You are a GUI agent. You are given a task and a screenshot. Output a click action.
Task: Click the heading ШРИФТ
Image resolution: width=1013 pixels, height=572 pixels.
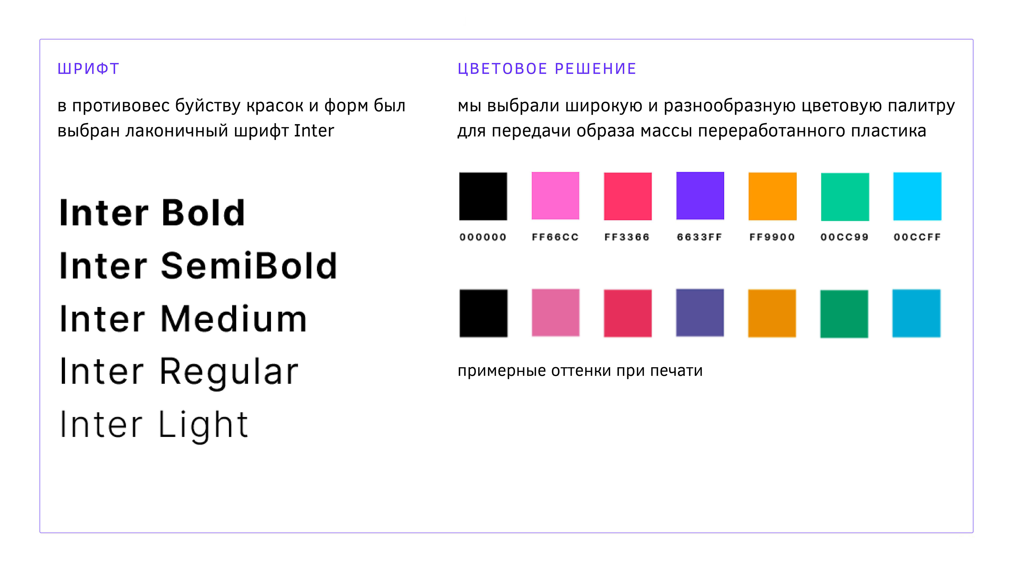[88, 69]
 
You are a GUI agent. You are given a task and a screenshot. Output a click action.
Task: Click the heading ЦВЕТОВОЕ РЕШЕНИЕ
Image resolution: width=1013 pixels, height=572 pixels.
[547, 69]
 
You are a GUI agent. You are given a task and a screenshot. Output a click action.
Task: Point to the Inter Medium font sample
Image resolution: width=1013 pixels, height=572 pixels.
[183, 319]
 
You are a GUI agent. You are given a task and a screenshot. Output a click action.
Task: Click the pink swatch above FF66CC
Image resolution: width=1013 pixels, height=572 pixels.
[555, 196]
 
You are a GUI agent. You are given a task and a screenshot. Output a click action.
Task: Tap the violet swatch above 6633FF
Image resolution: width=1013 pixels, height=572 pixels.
[700, 196]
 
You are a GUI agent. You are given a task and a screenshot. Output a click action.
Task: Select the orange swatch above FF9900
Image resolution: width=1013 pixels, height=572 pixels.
[772, 196]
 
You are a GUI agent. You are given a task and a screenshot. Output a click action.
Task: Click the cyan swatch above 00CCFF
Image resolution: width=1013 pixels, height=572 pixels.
[917, 196]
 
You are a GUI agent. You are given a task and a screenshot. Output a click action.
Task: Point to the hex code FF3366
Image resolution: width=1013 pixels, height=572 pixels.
[627, 237]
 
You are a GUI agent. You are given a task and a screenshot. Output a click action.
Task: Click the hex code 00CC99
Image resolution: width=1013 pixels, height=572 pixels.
[844, 237]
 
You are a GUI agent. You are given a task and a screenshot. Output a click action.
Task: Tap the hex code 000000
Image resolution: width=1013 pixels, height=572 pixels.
[483, 237]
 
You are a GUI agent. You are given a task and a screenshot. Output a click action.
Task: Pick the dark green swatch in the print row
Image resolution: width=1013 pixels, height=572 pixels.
[844, 314]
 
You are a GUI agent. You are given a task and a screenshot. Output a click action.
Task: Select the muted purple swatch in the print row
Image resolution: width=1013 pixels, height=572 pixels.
[700, 313]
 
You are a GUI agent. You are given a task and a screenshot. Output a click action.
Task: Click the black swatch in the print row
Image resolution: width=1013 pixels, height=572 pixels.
[484, 313]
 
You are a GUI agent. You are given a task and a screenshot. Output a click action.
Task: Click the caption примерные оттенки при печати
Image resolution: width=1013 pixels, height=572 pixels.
[580, 371]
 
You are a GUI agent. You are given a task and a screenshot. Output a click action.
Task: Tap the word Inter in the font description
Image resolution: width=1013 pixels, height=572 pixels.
[314, 131]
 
